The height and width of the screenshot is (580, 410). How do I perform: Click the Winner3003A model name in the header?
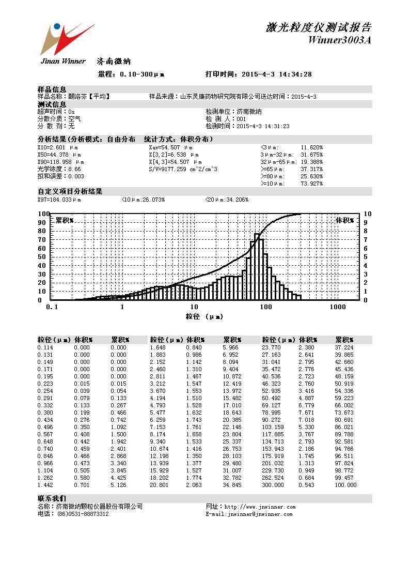click(x=339, y=40)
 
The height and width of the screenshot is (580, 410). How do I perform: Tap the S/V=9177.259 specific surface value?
click(x=183, y=169)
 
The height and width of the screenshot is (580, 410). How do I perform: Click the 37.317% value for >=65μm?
click(x=311, y=169)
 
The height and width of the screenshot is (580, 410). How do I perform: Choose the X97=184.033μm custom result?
click(x=59, y=200)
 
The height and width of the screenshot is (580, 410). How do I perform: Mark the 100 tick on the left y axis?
click(x=43, y=214)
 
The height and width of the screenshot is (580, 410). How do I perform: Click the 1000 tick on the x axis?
click(x=337, y=307)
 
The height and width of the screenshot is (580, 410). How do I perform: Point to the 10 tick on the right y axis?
click(x=367, y=214)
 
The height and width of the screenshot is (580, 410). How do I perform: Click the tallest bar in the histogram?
click(x=257, y=266)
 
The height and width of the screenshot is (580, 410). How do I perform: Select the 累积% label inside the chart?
click(x=65, y=220)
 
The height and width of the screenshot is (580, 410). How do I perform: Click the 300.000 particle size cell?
click(x=273, y=485)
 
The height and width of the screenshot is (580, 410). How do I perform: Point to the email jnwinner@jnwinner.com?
click(x=257, y=514)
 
